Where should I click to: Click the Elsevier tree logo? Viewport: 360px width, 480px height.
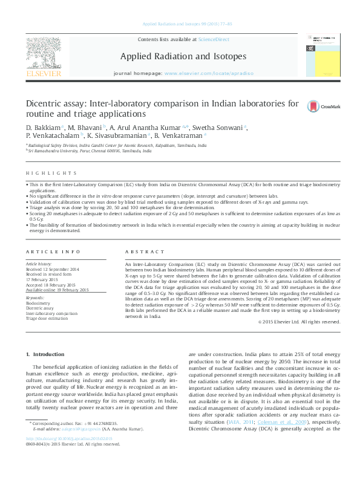[44, 53]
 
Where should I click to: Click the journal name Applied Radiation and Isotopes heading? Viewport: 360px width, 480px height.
[183, 56]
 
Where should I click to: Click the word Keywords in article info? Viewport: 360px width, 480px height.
[35, 299]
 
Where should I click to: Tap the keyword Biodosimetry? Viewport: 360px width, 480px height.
[39, 303]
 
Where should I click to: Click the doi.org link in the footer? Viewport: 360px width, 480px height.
[64, 456]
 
